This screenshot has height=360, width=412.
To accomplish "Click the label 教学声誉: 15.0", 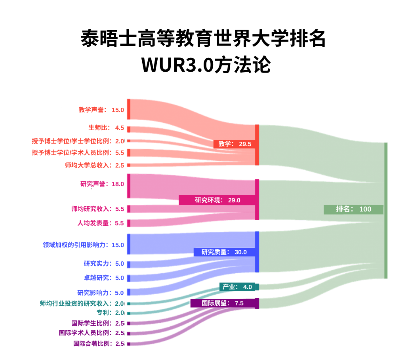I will coord(101,110).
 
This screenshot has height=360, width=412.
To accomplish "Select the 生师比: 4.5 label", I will coord(106,128).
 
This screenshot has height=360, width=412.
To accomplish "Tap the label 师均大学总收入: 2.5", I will coord(94,165).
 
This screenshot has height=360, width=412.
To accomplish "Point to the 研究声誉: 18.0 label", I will coord(102,184).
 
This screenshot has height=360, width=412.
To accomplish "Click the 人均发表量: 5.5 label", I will coord(100,223).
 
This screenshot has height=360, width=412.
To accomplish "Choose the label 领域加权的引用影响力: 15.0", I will coord(83,245).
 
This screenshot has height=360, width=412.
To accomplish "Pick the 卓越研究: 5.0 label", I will coord(104,278).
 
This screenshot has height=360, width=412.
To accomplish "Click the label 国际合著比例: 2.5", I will coord(99,343).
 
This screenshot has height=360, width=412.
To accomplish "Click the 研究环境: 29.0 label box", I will coord(217,200).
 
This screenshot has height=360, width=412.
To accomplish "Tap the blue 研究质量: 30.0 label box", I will coord(224,252).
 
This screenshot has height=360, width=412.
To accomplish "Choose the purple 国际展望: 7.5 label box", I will coord(222,303).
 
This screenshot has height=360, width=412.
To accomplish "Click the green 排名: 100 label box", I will coord(353,209).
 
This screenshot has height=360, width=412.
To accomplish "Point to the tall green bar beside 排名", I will coord(385,210).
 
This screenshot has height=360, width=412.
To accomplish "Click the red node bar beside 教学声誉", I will coord(129,109).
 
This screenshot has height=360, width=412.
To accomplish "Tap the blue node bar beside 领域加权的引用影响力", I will coord(129,244).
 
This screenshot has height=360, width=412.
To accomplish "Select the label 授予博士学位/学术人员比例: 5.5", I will coord(78,152).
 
